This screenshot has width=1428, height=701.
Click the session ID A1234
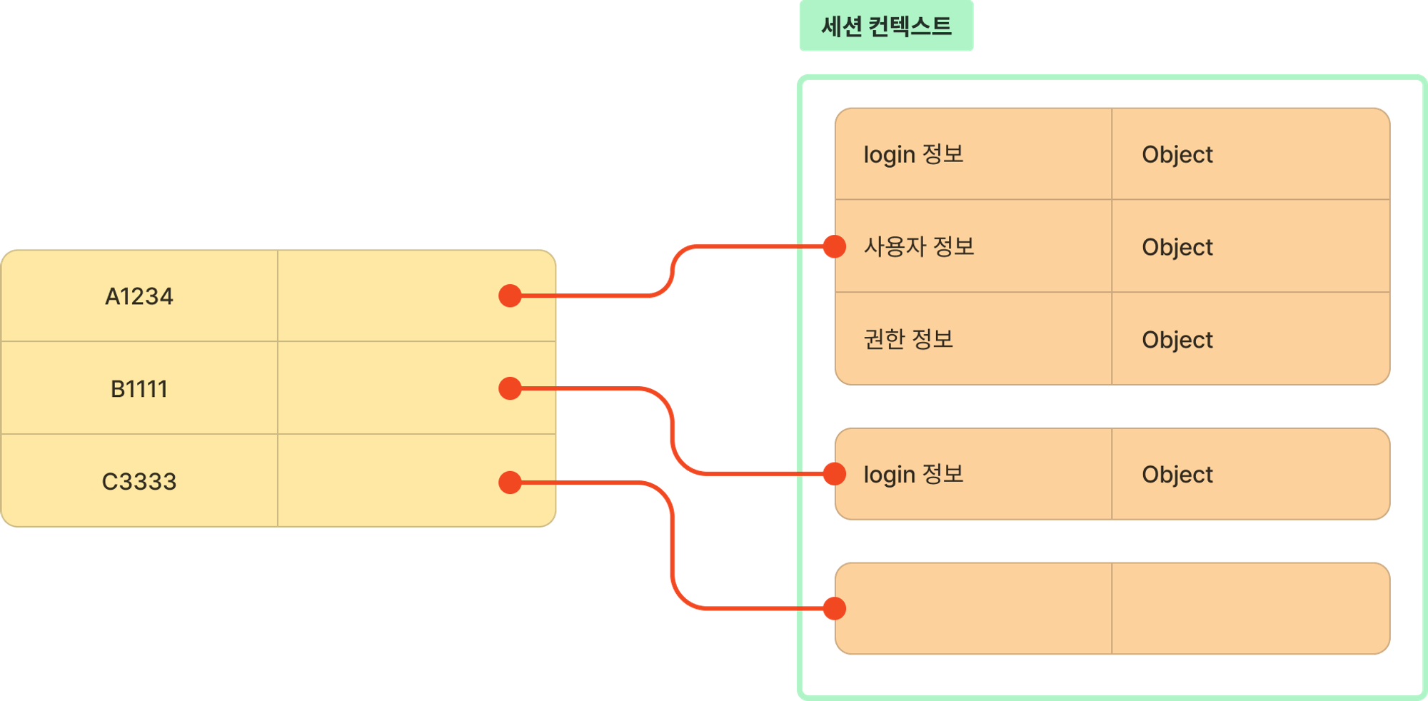point(139,296)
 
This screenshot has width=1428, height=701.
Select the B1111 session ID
point(139,389)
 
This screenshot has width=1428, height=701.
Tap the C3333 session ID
point(139,482)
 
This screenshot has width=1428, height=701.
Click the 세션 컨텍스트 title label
point(886,26)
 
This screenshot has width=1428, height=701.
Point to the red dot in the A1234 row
point(510,296)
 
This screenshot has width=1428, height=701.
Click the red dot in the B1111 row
point(510,388)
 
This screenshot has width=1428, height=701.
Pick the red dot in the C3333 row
point(510,483)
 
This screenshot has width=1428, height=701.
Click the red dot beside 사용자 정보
point(835,246)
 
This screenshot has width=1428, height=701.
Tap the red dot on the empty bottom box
point(835,609)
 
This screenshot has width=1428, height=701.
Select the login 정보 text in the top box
point(914,154)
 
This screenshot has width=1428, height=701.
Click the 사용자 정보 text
point(919,247)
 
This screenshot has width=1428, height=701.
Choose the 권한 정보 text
point(909,339)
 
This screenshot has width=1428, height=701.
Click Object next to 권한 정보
point(1177,340)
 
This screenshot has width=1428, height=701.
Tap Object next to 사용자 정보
point(1177,247)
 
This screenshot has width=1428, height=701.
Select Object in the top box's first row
point(1177,154)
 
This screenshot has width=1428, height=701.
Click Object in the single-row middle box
point(1177,474)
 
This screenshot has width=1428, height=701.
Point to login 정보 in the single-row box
point(914,474)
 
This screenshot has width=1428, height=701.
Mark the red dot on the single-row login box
point(835,473)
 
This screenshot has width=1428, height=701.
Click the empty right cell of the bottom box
point(1250,608)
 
